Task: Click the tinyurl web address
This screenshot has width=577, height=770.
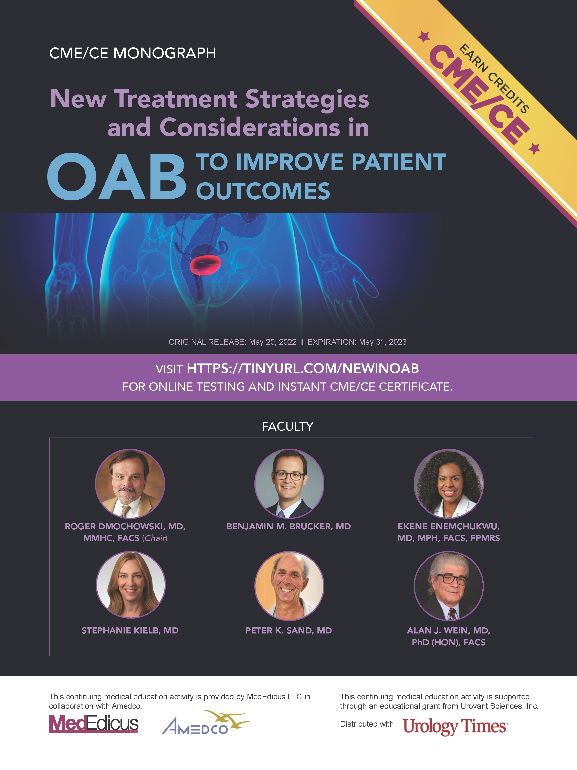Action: pos(303,369)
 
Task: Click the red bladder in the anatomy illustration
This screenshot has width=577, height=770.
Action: pos(206,265)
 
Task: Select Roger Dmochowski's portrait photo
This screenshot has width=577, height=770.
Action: pos(130,483)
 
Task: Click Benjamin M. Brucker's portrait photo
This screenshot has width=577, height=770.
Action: pos(289,483)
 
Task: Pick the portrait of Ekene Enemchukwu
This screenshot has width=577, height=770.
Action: pos(448,483)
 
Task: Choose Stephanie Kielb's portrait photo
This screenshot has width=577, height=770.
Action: pos(131,585)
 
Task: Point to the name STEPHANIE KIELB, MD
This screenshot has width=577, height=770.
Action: pos(130,630)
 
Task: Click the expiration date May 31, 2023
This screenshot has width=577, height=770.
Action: pos(382,342)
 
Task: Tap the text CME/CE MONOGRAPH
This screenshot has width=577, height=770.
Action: pos(133,53)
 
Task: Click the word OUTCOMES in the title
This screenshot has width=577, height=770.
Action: pos(263,191)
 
